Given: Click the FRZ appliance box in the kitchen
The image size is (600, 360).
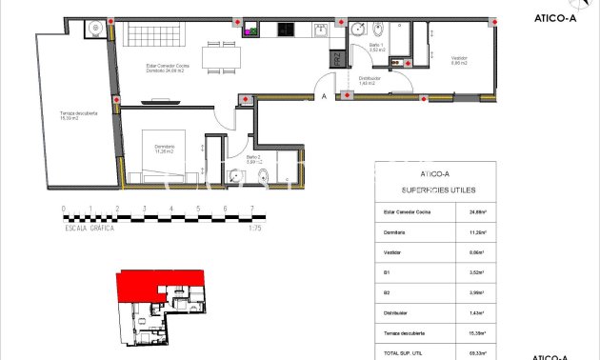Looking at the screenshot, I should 336,59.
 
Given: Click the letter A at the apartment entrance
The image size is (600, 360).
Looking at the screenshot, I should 324,96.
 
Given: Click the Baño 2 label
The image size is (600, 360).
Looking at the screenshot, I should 253,158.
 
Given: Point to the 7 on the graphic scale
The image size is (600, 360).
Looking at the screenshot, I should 251,208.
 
